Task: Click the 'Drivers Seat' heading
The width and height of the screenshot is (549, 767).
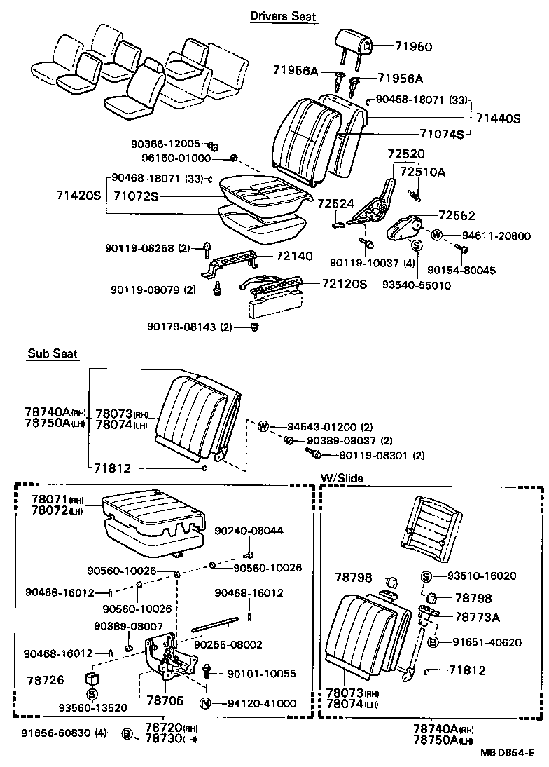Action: point(284,16)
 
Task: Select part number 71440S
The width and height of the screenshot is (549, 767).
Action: point(499,119)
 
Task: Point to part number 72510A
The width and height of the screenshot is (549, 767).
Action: point(422,171)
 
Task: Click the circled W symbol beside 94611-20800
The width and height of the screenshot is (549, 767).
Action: point(436,236)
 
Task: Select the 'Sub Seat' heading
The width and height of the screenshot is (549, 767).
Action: point(53,354)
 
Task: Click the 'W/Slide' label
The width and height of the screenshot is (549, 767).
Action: point(342,478)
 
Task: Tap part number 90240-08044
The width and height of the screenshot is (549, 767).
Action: point(249,531)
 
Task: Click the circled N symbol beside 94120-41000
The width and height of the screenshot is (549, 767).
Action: point(205,703)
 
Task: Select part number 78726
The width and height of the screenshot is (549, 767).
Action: point(45,680)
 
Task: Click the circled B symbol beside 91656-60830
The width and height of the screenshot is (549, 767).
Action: point(127,733)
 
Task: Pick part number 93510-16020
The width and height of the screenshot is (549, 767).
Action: point(478,576)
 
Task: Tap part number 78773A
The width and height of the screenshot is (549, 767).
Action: point(476,617)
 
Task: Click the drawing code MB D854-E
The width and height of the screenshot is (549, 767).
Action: point(507,753)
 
